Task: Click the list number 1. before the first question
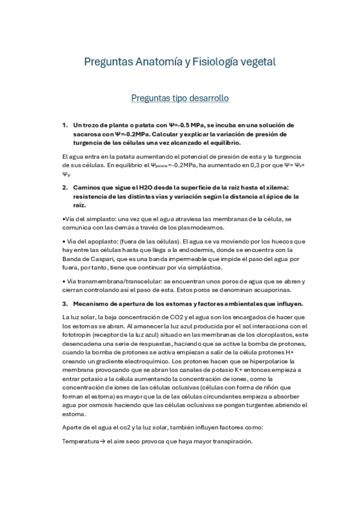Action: click(65, 125)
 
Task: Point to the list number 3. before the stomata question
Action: click(65, 303)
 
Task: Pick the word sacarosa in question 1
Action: click(87, 134)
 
